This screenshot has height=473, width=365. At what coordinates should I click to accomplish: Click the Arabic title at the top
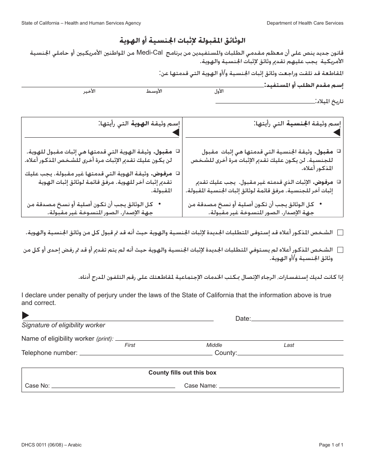182,40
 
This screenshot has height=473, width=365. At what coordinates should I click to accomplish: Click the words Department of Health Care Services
305,23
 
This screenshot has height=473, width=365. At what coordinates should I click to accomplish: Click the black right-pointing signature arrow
25,315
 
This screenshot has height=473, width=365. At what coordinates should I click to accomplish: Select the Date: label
243,318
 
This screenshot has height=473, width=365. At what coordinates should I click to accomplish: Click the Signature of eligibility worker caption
63,325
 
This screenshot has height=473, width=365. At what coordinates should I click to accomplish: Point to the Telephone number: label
49,353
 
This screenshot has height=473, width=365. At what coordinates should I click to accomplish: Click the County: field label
226,353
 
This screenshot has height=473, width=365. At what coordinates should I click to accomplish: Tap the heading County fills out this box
182,373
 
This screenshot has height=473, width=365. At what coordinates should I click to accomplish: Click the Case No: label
37,386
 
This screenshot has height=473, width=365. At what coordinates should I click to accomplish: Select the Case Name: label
201,386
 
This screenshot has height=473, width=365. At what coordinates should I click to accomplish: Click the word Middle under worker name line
214,345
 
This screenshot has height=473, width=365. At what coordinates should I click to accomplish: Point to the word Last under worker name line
289,345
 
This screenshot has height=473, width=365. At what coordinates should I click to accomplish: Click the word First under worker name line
130,345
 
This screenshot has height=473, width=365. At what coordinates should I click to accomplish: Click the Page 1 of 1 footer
331,445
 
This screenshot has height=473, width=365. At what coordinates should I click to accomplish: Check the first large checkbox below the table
340,232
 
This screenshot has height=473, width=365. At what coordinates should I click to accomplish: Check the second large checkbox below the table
340,250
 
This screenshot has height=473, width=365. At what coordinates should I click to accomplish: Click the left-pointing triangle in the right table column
337,133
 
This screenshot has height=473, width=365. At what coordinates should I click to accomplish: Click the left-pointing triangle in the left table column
175,133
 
